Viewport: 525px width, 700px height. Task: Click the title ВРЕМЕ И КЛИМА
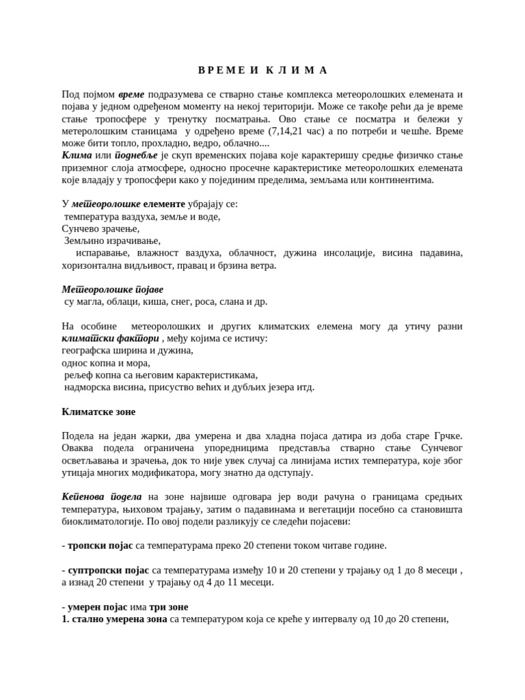[262, 70]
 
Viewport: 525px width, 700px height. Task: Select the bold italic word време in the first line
[131, 94]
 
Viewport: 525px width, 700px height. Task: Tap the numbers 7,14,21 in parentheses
[288, 131]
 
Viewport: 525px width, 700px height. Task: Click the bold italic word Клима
[77, 156]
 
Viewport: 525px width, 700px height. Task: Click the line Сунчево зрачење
[100, 228]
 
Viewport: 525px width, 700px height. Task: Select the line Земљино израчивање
[112, 241]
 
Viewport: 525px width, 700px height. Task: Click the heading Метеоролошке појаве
[113, 289]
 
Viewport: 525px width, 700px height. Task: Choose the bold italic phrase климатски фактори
[110, 338]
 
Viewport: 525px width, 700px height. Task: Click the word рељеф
[77, 375]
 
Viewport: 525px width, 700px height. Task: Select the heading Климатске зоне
[98, 412]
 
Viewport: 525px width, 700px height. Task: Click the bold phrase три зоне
[168, 607]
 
